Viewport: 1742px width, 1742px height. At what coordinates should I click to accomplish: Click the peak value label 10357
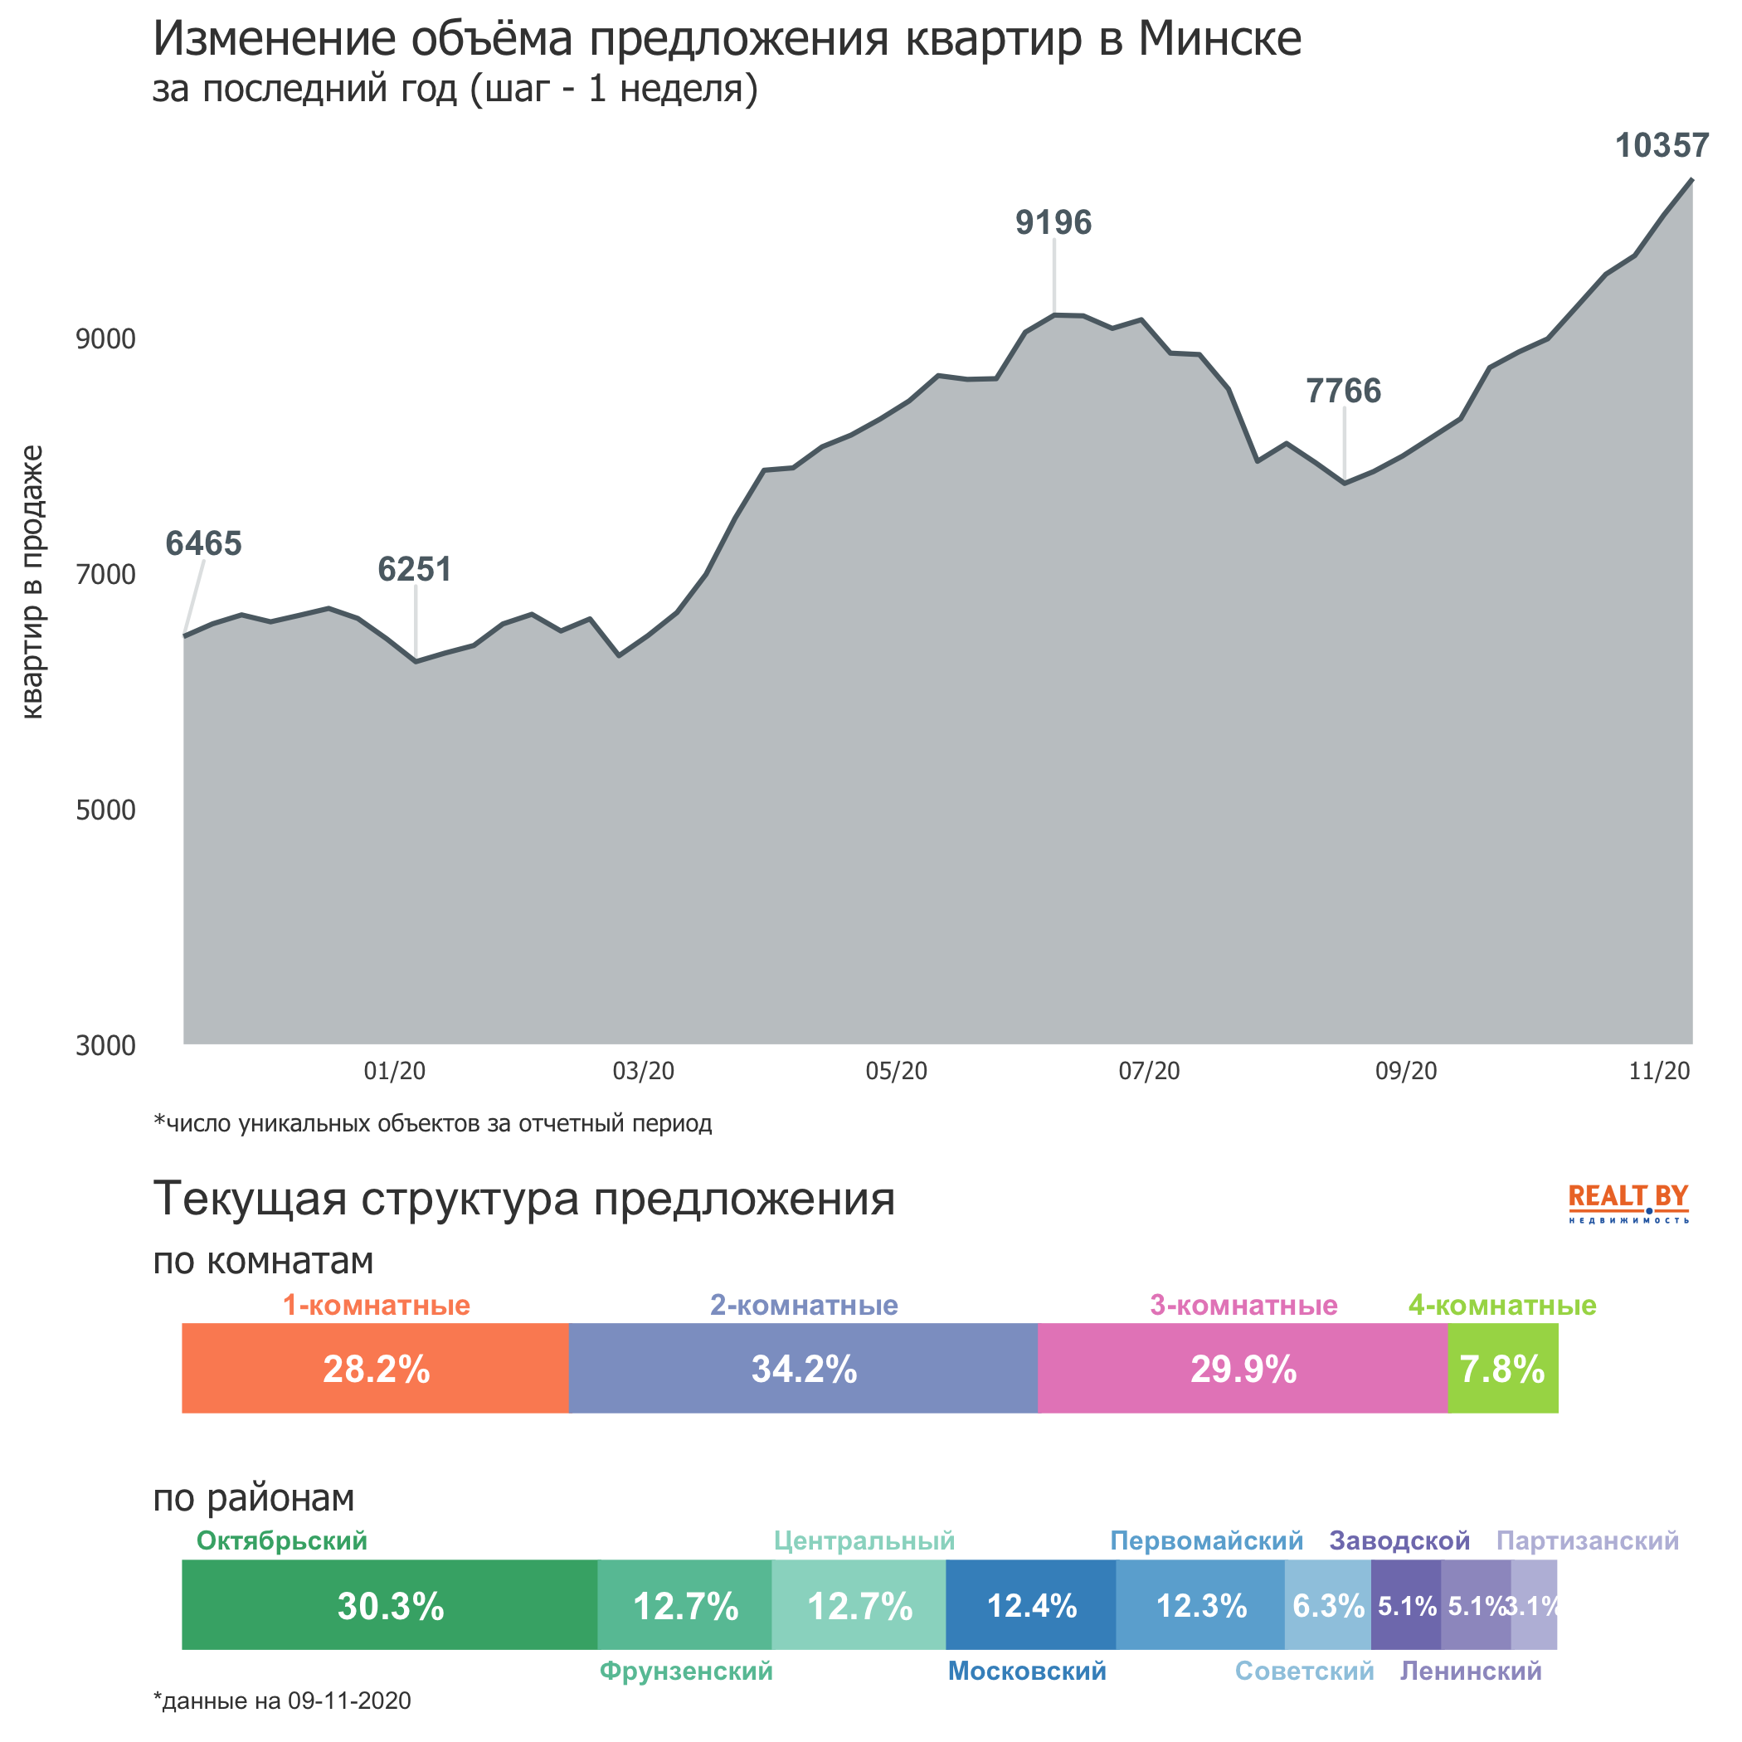(x=1661, y=146)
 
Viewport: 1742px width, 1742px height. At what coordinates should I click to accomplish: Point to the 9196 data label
(x=1053, y=222)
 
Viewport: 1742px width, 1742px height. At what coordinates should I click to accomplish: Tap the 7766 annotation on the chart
(x=1344, y=392)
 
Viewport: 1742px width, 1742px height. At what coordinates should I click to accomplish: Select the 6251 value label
(x=414, y=570)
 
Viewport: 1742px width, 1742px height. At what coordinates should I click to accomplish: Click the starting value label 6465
(x=204, y=543)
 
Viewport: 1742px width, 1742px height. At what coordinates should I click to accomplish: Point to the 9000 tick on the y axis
(x=105, y=340)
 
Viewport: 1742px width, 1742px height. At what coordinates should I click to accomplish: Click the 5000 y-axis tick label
(x=105, y=810)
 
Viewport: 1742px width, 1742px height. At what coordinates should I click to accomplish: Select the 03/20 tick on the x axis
(x=643, y=1071)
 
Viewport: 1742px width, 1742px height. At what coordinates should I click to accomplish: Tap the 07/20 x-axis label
(x=1149, y=1071)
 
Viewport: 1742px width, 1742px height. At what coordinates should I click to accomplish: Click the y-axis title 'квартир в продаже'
(x=32, y=581)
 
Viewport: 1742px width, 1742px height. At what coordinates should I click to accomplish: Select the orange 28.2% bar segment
(x=375, y=1370)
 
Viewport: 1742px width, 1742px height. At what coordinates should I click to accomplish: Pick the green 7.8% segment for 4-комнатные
(x=1502, y=1370)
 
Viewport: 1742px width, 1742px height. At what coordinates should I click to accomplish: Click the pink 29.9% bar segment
(x=1243, y=1370)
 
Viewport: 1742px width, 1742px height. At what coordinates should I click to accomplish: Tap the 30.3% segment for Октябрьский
(x=390, y=1606)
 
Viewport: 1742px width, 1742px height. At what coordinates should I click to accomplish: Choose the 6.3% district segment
(x=1327, y=1606)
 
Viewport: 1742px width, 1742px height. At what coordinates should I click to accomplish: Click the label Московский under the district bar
(x=1026, y=1671)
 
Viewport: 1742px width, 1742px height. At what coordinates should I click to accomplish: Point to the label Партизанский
(x=1587, y=1541)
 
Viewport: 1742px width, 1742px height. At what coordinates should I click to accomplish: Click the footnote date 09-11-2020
(x=348, y=1701)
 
